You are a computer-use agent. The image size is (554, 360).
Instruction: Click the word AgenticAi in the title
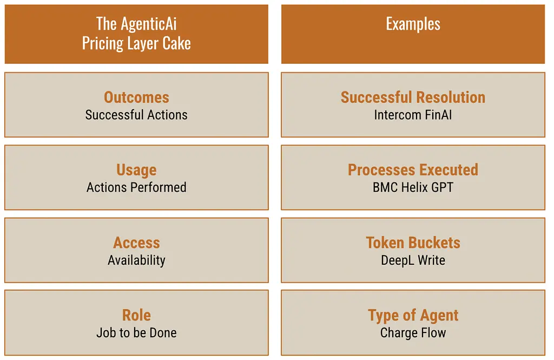(149, 24)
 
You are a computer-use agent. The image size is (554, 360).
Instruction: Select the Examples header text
(413, 24)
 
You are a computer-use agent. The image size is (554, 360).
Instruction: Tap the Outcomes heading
(136, 97)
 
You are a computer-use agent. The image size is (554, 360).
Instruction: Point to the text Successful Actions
(136, 115)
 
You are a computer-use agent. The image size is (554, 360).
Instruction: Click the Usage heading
(136, 170)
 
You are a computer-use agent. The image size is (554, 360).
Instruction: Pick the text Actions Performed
(136, 187)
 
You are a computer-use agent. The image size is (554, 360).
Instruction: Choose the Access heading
(136, 243)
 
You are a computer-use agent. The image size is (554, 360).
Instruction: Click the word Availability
(136, 260)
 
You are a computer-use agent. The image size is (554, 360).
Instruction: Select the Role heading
(136, 315)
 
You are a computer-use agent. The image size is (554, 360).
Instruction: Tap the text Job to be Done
(136, 333)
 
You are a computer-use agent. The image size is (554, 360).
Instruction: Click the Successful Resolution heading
(413, 97)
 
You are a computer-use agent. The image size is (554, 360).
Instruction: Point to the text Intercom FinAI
(413, 115)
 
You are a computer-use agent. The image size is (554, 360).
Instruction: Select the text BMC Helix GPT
(413, 187)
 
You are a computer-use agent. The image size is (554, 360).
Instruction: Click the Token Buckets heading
(413, 243)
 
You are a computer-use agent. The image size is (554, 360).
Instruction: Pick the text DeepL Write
(413, 260)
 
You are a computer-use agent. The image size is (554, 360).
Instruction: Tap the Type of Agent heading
(413, 316)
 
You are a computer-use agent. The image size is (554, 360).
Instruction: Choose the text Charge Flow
(413, 333)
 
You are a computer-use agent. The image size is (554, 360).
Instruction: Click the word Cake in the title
(176, 43)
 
